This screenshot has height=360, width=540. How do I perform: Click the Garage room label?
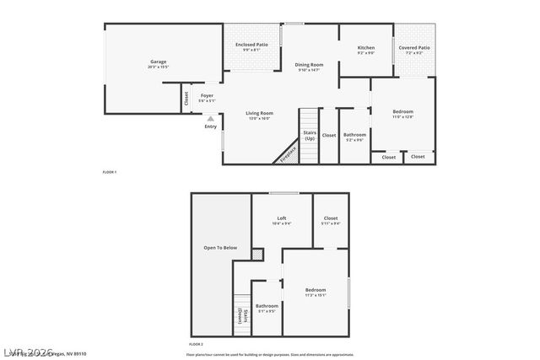tap(158, 62)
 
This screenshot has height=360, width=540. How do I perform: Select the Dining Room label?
tap(309, 65)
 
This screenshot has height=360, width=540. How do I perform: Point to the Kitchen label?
tap(365, 48)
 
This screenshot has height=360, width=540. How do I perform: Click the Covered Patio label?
tap(413, 48)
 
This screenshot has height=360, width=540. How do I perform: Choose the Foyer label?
tap(207, 95)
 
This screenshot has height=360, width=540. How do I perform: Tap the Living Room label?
tap(259, 113)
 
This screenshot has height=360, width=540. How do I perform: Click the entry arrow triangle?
tap(210, 119)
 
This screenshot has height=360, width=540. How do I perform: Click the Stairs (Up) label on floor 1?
tap(310, 135)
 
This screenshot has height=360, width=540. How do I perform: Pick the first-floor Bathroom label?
tap(354, 135)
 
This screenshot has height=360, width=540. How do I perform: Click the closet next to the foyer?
tap(186, 98)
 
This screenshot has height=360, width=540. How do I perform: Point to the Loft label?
tap(282, 218)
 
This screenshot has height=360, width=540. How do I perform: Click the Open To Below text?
tap(220, 248)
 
